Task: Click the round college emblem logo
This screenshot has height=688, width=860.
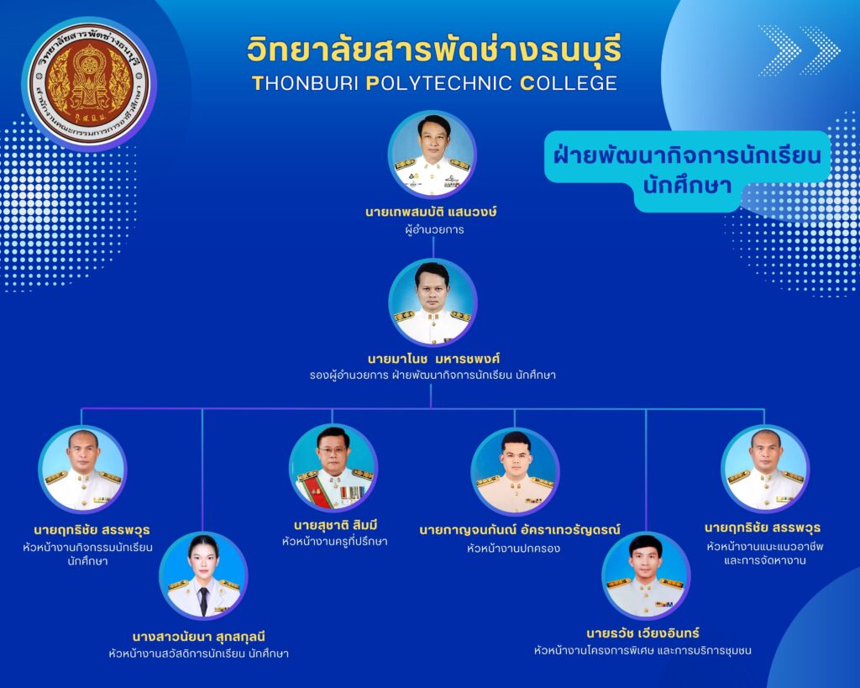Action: pyautogui.click(x=89, y=84)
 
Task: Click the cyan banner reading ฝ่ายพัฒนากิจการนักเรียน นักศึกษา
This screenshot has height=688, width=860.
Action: pyautogui.click(x=687, y=171)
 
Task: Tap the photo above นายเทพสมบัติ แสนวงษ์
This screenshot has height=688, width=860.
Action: pyautogui.click(x=433, y=155)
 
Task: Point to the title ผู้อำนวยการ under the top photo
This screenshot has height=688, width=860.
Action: pyautogui.click(x=434, y=230)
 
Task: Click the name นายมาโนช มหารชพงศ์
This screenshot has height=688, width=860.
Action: pyautogui.click(x=433, y=360)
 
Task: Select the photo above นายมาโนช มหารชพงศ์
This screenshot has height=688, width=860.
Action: pyautogui.click(x=433, y=302)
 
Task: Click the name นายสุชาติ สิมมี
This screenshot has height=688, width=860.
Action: pyautogui.click(x=336, y=525)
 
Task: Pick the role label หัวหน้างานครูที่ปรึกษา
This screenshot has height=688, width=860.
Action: pyautogui.click(x=335, y=542)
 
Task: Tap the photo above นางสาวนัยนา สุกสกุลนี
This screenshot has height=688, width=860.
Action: pyautogui.click(x=203, y=576)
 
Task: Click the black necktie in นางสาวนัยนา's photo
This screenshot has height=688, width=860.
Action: pyautogui.click(x=203, y=601)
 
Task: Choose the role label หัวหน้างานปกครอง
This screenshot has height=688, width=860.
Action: pyautogui.click(x=513, y=548)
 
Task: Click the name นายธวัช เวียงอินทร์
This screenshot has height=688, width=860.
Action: pyautogui.click(x=642, y=633)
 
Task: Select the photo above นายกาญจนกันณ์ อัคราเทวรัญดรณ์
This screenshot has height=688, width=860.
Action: pyautogui.click(x=515, y=471)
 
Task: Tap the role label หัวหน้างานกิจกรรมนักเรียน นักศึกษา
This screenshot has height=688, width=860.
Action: pyautogui.click(x=87, y=554)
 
